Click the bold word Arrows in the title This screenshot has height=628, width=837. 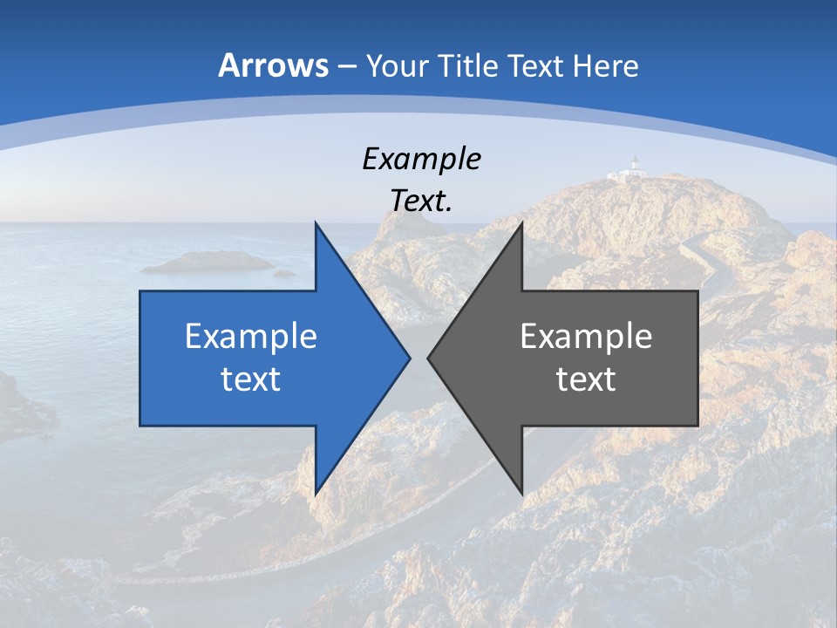click(274, 66)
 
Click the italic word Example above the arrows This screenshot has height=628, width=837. click(421, 159)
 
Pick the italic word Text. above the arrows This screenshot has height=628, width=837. click(421, 201)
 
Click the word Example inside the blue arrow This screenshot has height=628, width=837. click(251, 336)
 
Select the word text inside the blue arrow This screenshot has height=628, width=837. click(251, 379)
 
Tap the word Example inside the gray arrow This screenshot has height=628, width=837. click(586, 336)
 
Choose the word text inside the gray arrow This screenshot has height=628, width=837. click(586, 379)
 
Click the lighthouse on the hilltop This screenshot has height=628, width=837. click(636, 167)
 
